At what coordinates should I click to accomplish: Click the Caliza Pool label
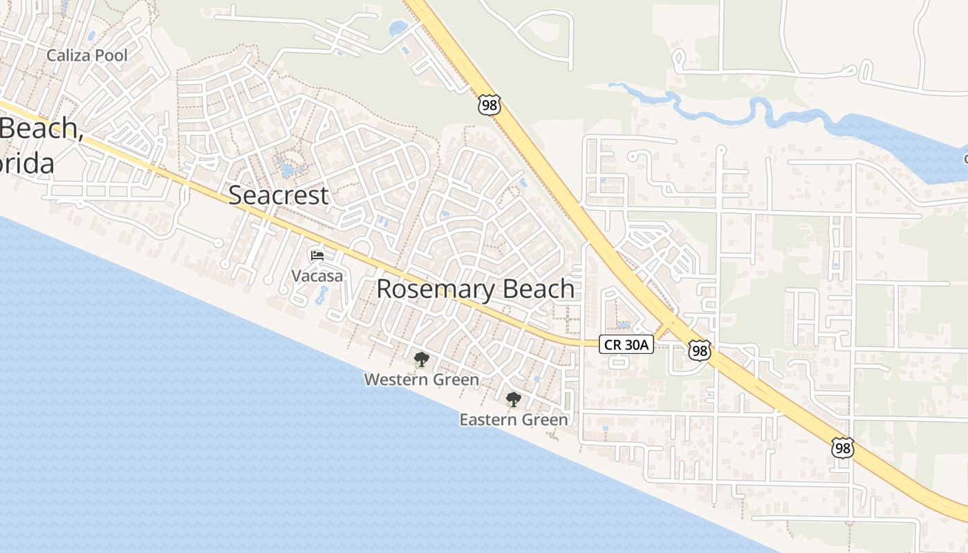point(87,55)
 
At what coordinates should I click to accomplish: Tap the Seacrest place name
point(278,196)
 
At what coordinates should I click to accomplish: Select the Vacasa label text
point(317,276)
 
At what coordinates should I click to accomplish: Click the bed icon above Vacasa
point(317,256)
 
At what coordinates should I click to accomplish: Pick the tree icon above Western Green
point(421,359)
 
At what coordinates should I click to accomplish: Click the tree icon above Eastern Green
point(513,400)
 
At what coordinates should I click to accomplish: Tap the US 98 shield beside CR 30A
point(700,350)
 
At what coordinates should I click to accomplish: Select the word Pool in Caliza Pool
point(112,55)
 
